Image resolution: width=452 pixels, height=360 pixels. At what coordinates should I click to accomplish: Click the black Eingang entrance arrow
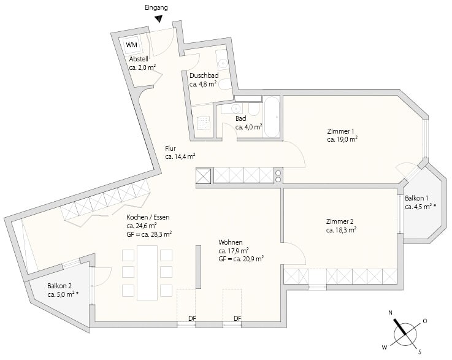pyautogui.click(x=159, y=19)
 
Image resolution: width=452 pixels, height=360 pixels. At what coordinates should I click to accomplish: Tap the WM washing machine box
pyautogui.click(x=132, y=45)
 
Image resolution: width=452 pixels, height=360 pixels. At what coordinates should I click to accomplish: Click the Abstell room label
pyautogui.click(x=139, y=59)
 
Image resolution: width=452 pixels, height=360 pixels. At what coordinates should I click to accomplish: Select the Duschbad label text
pyautogui.click(x=204, y=75)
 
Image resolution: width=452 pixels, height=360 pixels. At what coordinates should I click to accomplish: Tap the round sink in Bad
pyautogui.click(x=236, y=109)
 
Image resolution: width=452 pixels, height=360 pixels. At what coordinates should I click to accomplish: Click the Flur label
pyautogui.click(x=170, y=149)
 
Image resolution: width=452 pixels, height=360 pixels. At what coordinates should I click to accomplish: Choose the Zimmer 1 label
pyautogui.click(x=340, y=131)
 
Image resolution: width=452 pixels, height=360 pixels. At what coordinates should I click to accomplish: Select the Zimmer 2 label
pyautogui.click(x=340, y=221)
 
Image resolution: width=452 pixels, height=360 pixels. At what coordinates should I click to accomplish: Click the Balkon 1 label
pyautogui.click(x=416, y=198)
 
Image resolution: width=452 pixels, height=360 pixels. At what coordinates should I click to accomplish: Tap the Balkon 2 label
pyautogui.click(x=59, y=286)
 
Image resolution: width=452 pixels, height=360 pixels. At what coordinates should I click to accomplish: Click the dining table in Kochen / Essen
pyautogui.click(x=147, y=273)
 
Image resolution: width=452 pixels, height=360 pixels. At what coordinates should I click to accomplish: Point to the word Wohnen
pyautogui.click(x=231, y=242)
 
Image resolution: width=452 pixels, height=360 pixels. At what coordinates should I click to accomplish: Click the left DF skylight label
pyautogui.click(x=193, y=318)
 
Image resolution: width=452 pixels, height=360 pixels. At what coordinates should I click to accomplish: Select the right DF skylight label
pyautogui.click(x=237, y=318)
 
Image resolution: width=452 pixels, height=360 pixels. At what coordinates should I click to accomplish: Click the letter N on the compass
pyautogui.click(x=390, y=312)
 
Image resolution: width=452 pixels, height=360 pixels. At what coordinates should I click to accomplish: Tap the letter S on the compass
pyautogui.click(x=420, y=351)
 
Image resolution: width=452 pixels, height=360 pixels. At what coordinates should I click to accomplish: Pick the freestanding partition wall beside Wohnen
pyautogui.click(x=198, y=267)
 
